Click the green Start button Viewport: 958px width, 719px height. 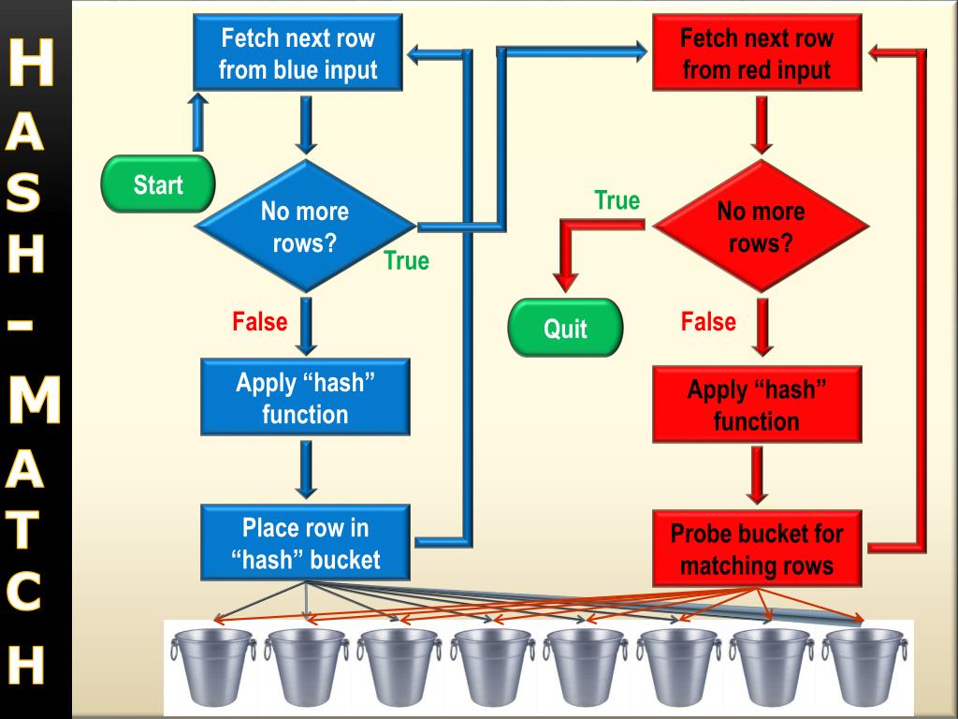158,184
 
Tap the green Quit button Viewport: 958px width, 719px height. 565,328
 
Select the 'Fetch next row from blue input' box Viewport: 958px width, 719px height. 298,52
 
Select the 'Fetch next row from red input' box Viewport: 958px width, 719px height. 757,52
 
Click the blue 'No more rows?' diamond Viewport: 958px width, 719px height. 306,226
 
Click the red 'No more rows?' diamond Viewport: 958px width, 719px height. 761,226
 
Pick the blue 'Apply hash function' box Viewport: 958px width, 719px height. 305,397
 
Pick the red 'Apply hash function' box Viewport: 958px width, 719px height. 757,404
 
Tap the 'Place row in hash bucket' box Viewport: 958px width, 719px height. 305,542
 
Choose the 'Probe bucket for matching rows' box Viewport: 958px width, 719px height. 757,549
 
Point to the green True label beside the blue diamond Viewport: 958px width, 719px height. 407,260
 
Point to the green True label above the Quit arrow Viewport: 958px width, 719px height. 617,200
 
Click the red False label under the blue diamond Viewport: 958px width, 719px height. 260,322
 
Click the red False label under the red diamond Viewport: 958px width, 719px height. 709,322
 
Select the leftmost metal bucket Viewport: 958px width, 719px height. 214,667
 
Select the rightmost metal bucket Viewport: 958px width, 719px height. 864,667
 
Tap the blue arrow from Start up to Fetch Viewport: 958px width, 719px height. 197,123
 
